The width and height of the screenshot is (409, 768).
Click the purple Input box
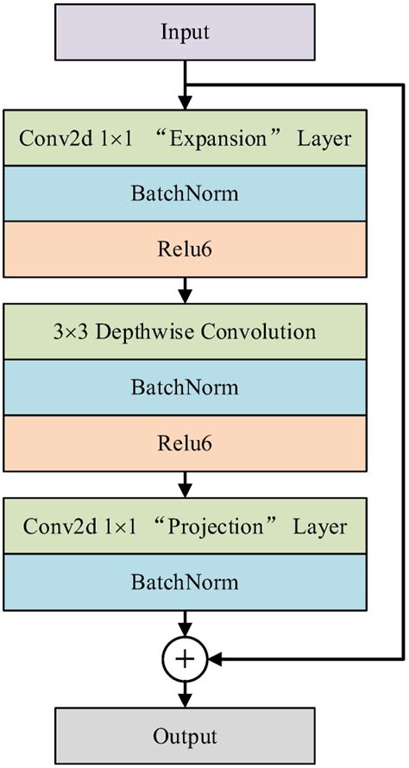pyautogui.click(x=185, y=34)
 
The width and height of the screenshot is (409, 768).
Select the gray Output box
pyautogui.click(x=185, y=736)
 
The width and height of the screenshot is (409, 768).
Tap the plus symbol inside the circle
pyautogui.click(x=185, y=660)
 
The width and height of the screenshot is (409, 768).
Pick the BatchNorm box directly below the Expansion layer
pyautogui.click(x=185, y=193)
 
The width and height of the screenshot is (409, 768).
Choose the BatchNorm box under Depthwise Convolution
pyautogui.click(x=185, y=387)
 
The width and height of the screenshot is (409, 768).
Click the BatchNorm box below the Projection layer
pyautogui.click(x=185, y=582)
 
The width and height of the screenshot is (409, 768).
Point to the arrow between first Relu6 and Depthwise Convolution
pyautogui.click(x=185, y=291)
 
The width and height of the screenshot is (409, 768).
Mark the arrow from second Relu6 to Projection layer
pyautogui.click(x=185, y=485)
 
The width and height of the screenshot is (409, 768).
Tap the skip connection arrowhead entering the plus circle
pyautogui.click(x=214, y=660)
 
